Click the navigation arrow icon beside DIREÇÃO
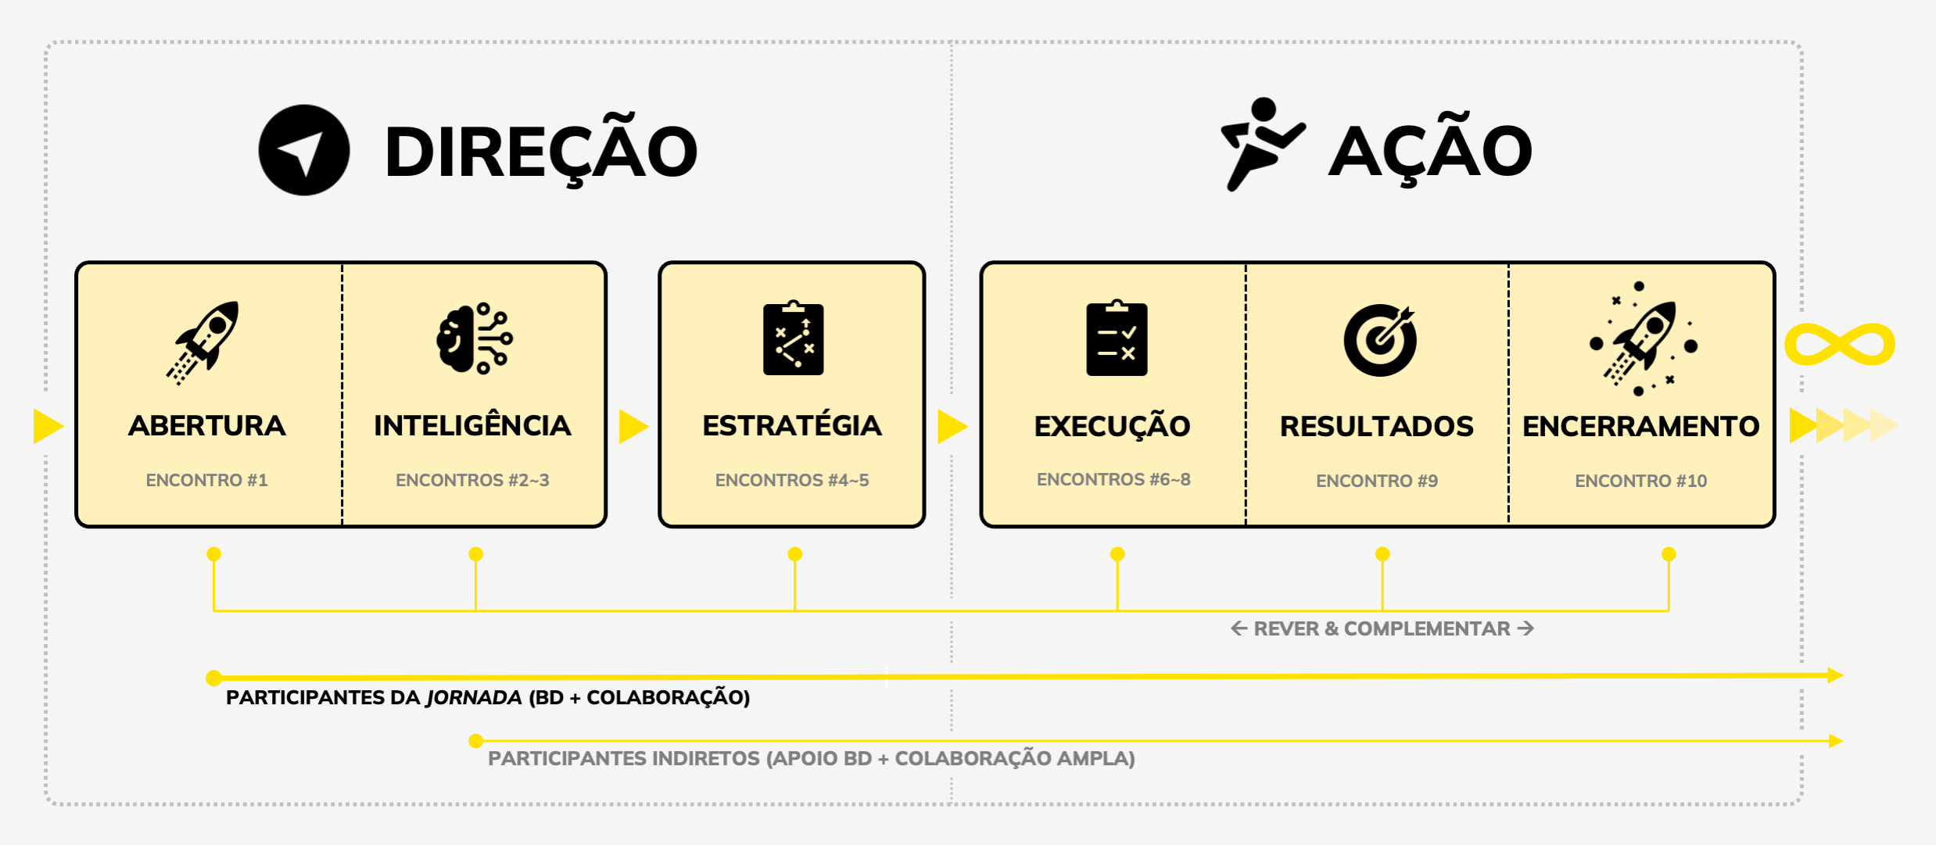tap(303, 150)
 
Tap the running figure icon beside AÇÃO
tap(1260, 144)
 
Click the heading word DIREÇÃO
tap(541, 152)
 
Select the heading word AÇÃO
tap(1430, 152)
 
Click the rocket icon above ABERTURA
tap(204, 342)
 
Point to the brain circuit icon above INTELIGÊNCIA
tap(474, 338)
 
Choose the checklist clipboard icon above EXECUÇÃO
tap(1117, 339)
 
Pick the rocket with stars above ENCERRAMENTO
tap(1643, 340)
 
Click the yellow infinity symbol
tap(1839, 344)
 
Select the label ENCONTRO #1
tap(206, 480)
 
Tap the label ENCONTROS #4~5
tap(792, 480)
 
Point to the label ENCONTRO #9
tap(1377, 481)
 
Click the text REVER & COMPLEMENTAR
tap(1382, 629)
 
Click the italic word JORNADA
tap(473, 697)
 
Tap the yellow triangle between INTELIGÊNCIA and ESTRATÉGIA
tap(633, 427)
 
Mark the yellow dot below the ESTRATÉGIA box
tap(794, 554)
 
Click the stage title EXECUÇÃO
tap(1112, 426)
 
